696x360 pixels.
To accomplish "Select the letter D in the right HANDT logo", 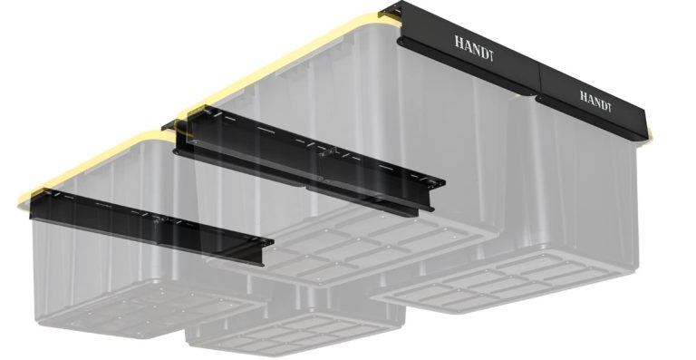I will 602,98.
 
